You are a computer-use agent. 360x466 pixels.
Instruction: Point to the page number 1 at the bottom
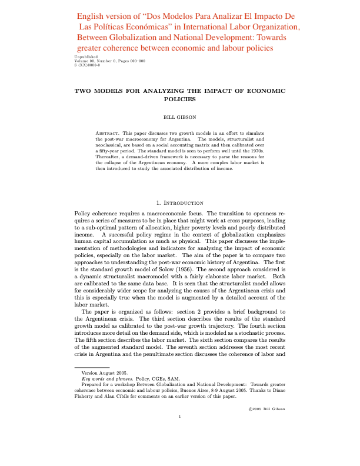[180, 417]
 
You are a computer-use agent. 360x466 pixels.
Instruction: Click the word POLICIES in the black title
[180, 99]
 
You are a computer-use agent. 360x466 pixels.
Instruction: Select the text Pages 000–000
[131, 61]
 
